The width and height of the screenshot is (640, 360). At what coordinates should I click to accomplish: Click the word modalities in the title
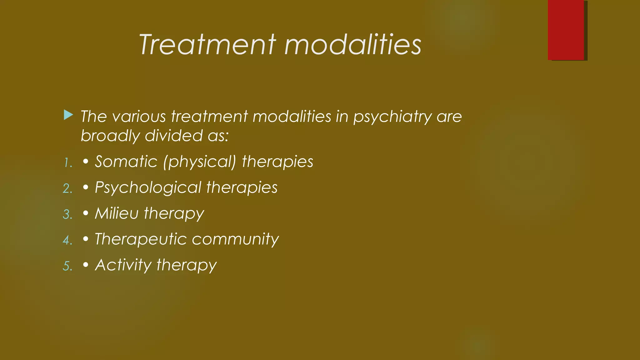point(353,45)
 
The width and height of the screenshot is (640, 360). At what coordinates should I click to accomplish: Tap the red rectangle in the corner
point(566,30)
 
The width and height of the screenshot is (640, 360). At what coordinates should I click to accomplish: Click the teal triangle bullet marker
point(68,115)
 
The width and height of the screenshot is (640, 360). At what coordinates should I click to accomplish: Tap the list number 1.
point(68,163)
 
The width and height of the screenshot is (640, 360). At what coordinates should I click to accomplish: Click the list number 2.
point(68,189)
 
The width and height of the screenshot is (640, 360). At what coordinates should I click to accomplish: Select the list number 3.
point(68,215)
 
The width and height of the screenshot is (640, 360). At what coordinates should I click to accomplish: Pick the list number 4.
point(68,240)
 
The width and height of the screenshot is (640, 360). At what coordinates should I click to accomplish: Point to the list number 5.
point(68,266)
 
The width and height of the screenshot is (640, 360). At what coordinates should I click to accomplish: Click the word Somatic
point(126,162)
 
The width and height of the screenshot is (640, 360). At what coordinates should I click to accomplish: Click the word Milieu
point(117,213)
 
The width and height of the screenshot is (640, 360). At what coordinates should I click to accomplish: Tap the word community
point(235,240)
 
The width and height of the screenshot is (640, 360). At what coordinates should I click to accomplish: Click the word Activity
point(123,265)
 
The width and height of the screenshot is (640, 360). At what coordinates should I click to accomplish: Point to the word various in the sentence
point(139,117)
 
